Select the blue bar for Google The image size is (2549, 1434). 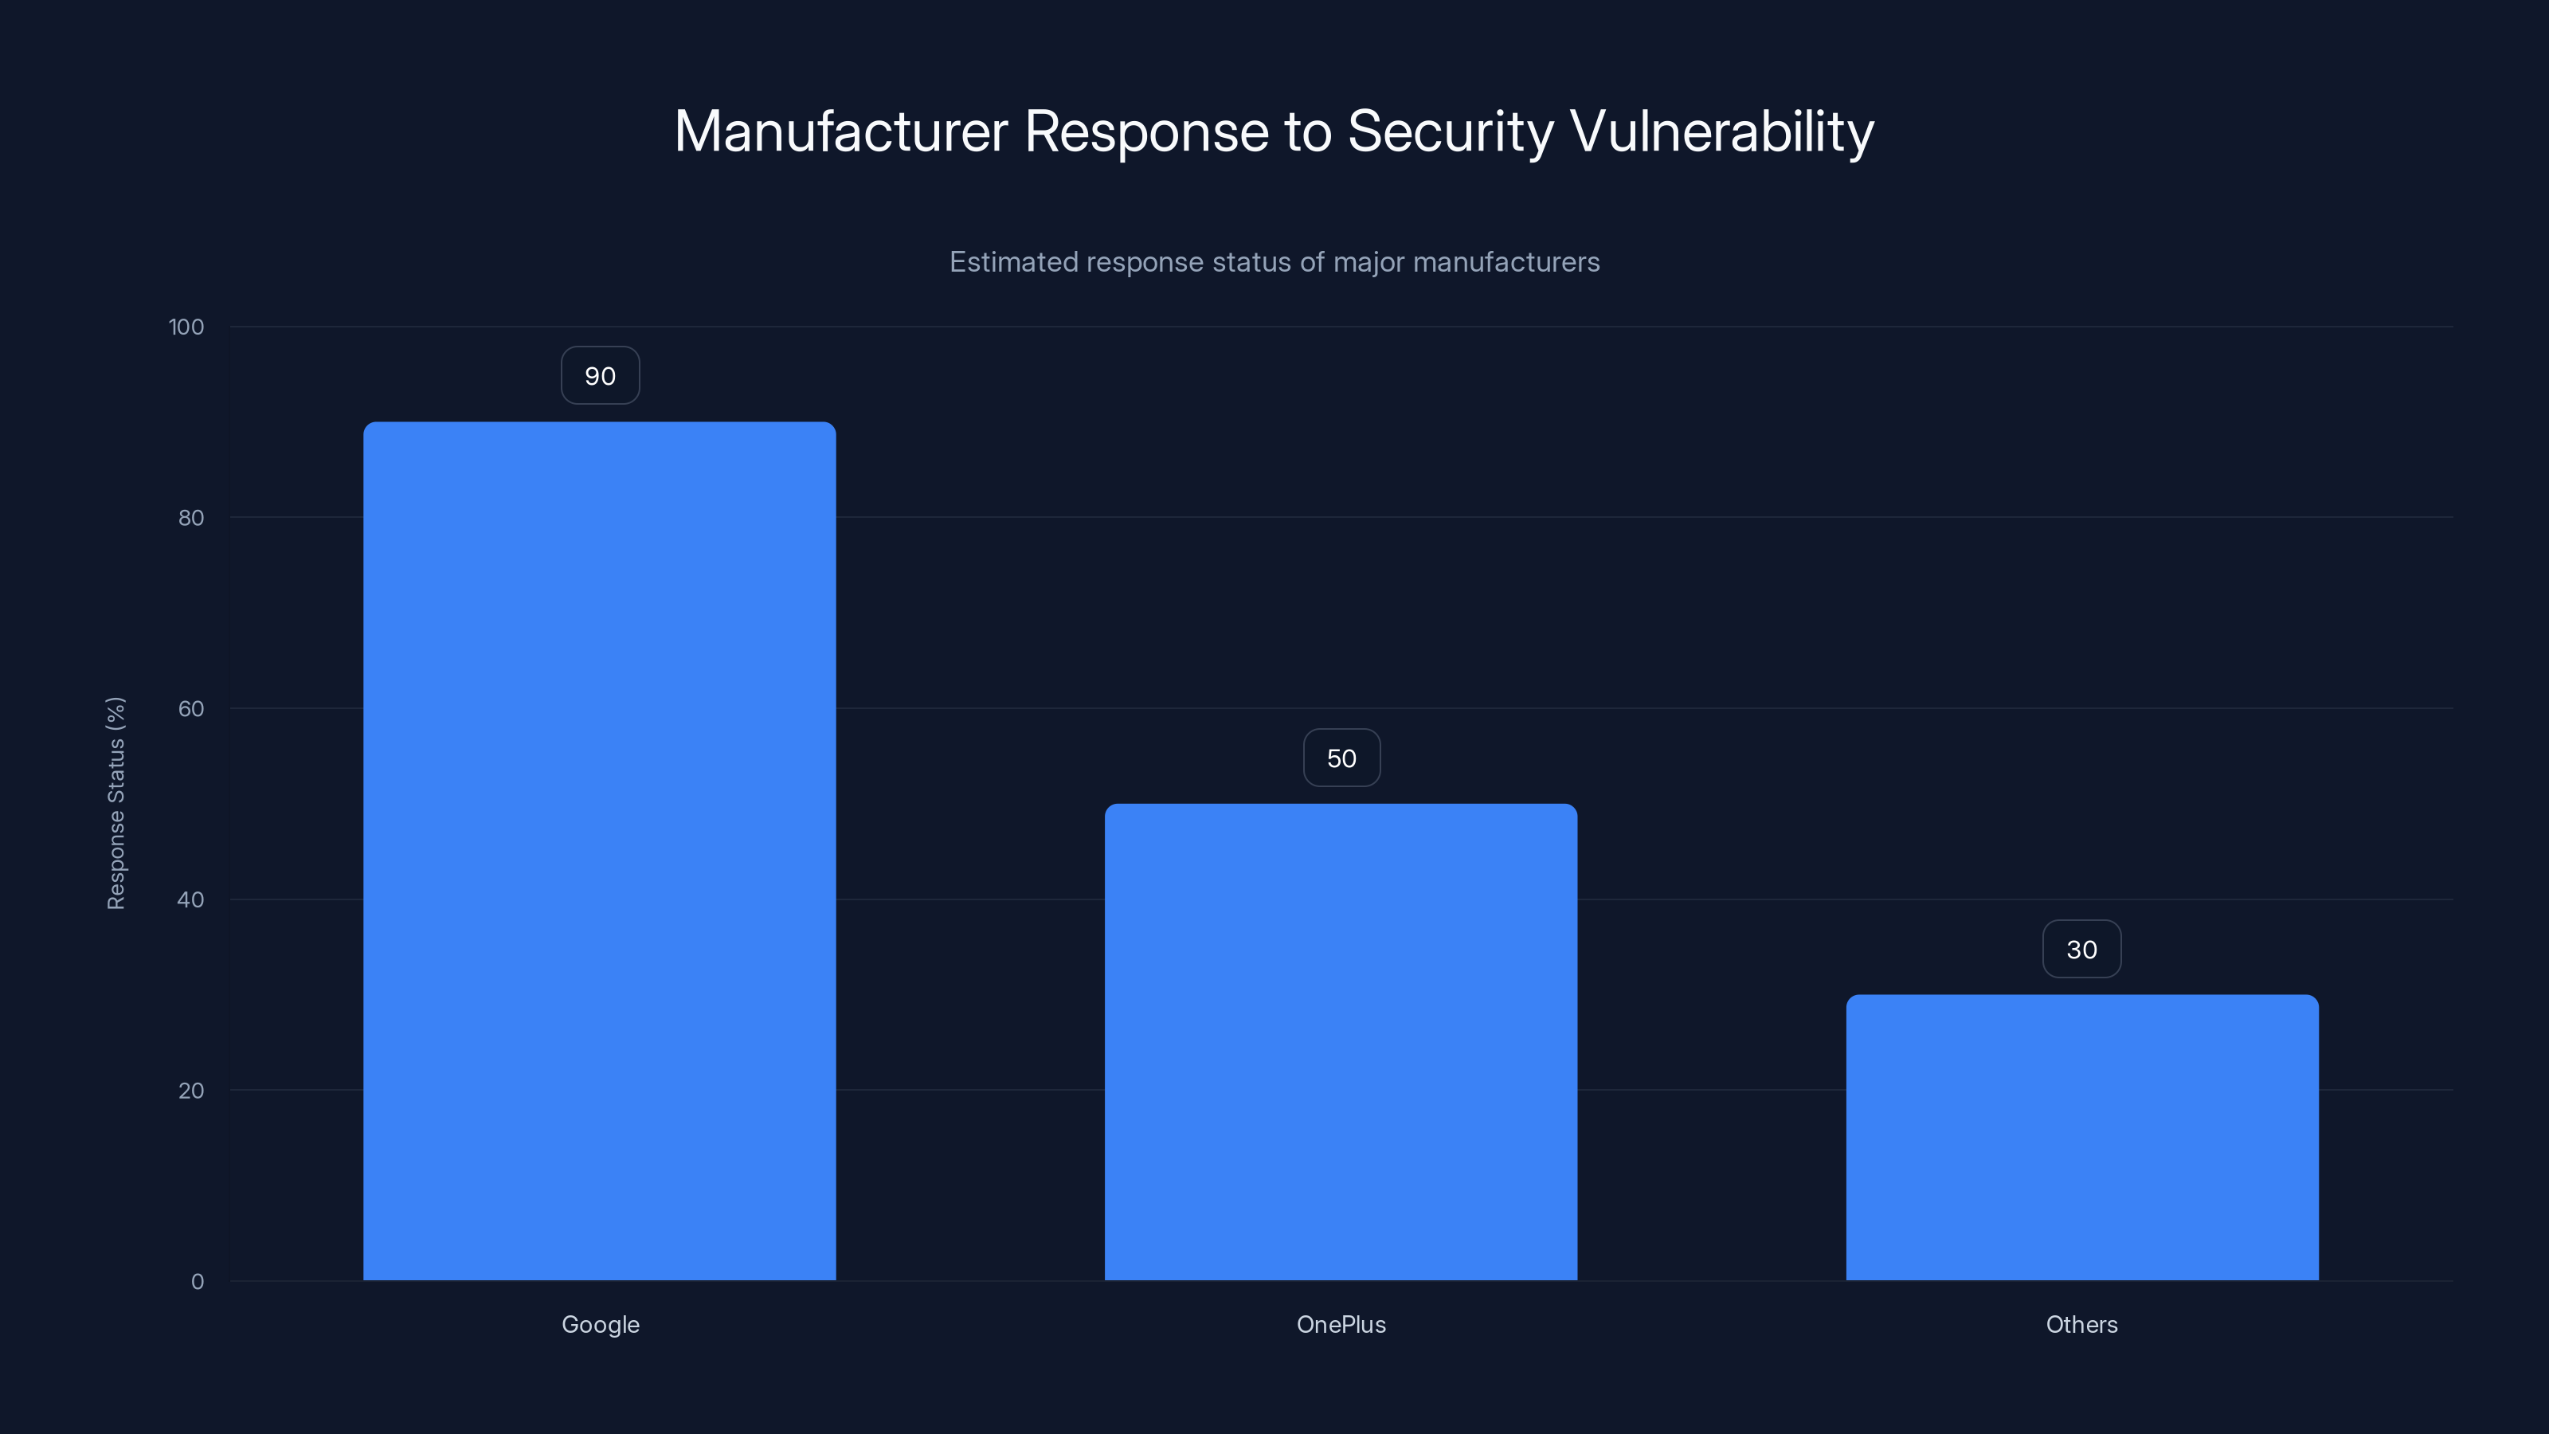[600, 851]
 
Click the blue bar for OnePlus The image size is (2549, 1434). [1341, 1041]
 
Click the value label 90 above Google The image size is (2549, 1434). [600, 376]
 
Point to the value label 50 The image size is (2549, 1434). [1341, 758]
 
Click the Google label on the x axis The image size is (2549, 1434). [600, 1324]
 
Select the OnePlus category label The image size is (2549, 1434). [1341, 1324]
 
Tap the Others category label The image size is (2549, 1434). [2082, 1324]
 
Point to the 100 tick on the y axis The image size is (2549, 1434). [186, 327]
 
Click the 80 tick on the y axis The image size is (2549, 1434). [191, 518]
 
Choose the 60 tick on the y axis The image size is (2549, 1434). [191, 708]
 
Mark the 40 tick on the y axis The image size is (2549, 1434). [191, 899]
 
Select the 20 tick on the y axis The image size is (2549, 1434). [191, 1091]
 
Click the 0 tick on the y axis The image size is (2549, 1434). [197, 1282]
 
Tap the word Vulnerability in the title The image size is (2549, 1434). [1721, 131]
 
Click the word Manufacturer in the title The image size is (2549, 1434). [841, 131]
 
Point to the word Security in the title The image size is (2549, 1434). [1450, 131]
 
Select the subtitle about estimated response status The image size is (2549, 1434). [1274, 262]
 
